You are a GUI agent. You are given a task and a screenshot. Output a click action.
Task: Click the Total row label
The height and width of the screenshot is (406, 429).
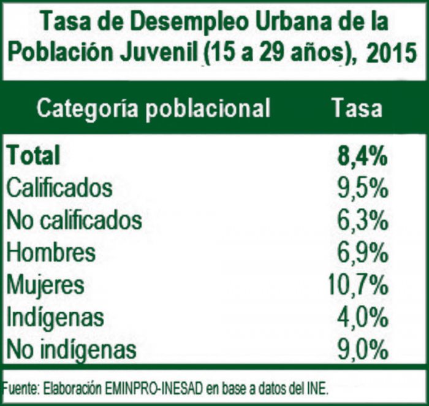point(34,155)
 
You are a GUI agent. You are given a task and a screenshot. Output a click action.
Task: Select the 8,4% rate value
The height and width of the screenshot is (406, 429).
point(362,155)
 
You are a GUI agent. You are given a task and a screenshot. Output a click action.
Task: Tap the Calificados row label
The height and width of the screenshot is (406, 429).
point(59,188)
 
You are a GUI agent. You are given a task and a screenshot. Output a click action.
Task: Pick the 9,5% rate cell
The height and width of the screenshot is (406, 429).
point(362,188)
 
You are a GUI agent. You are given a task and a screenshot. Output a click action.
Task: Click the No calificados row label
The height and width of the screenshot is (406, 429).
point(74,220)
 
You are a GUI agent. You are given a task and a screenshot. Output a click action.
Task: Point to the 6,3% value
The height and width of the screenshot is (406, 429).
point(362,220)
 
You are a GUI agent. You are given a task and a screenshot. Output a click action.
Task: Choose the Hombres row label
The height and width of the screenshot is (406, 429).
point(51,253)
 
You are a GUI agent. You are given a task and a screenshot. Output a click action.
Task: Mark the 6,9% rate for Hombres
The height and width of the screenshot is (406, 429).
point(362,253)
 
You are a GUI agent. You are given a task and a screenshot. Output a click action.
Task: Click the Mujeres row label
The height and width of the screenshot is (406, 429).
point(45,285)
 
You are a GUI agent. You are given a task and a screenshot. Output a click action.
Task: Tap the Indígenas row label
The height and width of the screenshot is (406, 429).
point(55,318)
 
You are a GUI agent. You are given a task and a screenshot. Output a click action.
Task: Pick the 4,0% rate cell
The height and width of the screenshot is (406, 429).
point(362,318)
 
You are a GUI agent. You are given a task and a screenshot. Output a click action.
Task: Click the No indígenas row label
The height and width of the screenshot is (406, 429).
point(70,350)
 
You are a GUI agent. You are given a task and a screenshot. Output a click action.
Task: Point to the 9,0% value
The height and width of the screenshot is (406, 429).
point(362,350)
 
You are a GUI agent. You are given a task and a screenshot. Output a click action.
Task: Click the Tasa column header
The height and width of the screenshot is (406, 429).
point(357,109)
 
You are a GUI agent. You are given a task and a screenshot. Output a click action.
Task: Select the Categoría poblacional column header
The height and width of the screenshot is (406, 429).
point(153,109)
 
